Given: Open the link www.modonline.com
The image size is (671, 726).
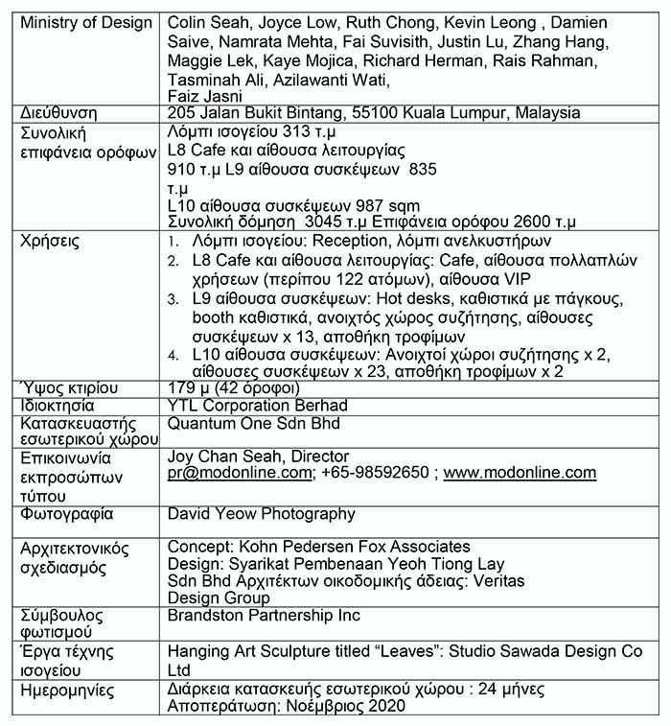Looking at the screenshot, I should point(520,473).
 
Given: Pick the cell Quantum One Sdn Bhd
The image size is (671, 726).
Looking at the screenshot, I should point(253,422).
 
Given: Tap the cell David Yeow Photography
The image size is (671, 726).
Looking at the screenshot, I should point(261,514).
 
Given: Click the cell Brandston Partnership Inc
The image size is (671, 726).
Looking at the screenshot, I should point(264,615).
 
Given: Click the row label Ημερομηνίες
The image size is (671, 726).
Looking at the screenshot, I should point(70,690).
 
